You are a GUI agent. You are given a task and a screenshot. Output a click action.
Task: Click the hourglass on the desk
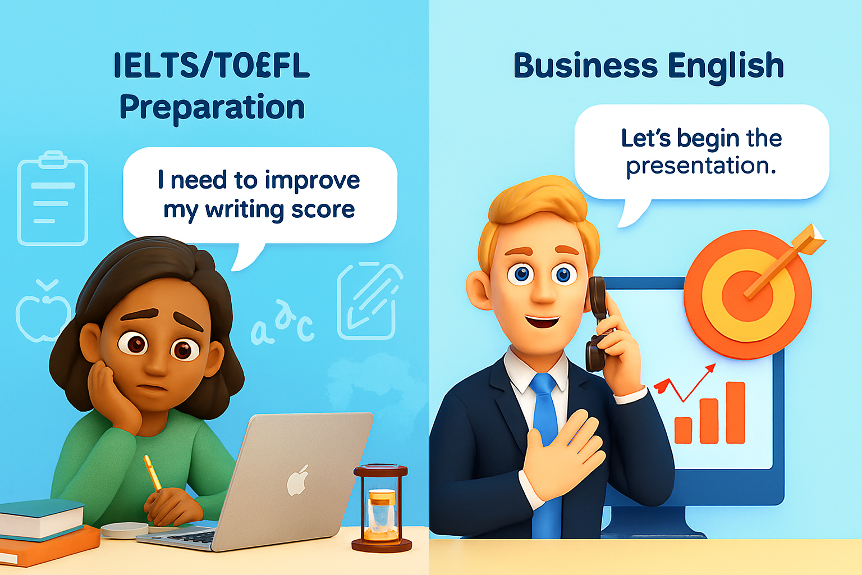click(381, 508)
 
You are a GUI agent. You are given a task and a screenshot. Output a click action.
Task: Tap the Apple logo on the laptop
click(297, 480)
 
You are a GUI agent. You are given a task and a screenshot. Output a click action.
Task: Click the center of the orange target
click(748, 296)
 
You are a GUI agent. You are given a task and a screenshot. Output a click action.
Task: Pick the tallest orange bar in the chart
click(735, 413)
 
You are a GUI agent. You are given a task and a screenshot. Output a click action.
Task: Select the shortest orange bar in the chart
click(683, 430)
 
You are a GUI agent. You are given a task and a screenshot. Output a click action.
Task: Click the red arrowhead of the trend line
click(710, 368)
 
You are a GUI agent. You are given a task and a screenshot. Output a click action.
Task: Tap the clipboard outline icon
click(53, 198)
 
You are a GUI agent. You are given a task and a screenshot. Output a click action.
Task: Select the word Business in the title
click(585, 66)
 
